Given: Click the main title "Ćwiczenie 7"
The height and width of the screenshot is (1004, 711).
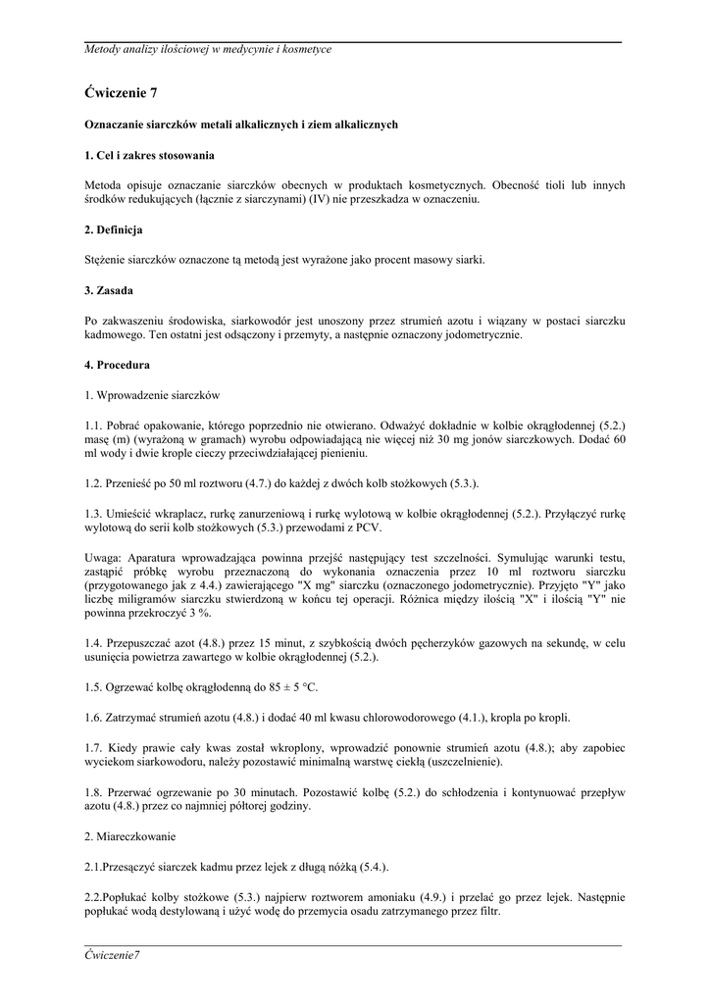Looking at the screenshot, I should coord(121,93).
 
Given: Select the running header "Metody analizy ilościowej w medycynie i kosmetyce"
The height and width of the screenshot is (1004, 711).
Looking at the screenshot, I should coord(208,49).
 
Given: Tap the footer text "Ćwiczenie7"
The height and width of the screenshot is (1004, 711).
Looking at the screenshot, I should coord(113,955).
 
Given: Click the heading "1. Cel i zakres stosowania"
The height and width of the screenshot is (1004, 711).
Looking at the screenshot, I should coord(149,156).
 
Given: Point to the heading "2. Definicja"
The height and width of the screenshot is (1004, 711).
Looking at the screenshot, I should coord(114,229).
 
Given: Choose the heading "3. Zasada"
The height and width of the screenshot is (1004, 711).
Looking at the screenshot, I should coord(108,291).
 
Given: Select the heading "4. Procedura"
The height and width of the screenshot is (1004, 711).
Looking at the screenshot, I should coord(117,365).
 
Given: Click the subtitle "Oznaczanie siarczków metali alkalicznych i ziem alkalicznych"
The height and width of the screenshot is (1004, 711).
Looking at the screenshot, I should coord(240,125).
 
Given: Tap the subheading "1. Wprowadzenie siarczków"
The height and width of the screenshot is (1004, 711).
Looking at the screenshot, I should coord(152,395).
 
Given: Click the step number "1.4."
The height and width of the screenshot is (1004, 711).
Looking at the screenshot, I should coord(94,643).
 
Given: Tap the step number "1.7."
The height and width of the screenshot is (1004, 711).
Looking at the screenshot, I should coord(94,747).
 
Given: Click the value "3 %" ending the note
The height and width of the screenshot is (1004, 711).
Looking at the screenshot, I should coord(198,613).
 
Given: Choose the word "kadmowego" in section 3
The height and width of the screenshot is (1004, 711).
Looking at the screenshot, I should coord(117,334).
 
